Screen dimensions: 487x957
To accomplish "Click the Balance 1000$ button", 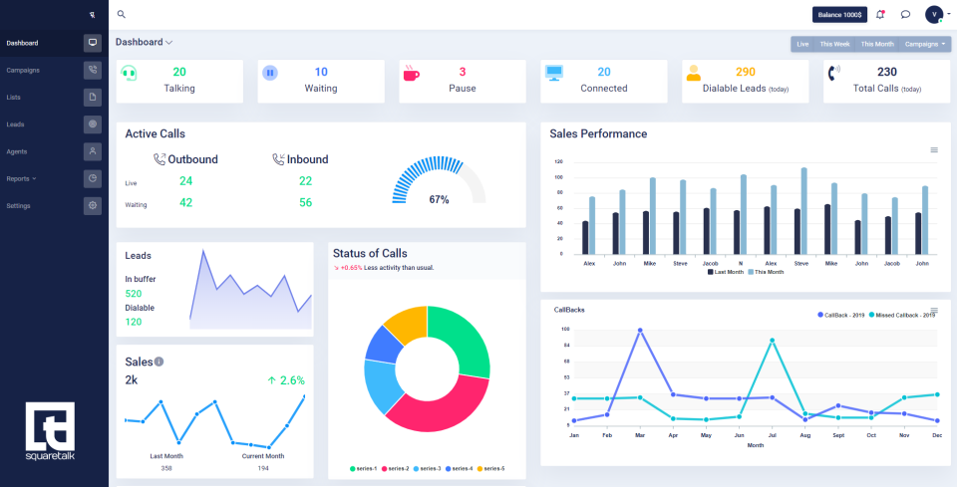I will pyautogui.click(x=838, y=14).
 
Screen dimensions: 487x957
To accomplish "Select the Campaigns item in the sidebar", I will pyautogui.click(x=23, y=70).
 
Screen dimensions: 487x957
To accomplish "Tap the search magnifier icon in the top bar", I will pyautogui.click(x=122, y=14).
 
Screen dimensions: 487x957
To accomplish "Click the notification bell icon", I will pyautogui.click(x=880, y=14).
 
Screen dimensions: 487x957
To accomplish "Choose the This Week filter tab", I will pyautogui.click(x=834, y=44).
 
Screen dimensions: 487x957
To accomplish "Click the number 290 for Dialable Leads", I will pyautogui.click(x=746, y=72).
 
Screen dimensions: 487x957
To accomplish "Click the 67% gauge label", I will pyautogui.click(x=439, y=199).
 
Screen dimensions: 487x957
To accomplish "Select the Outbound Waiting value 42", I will pyautogui.click(x=185, y=202).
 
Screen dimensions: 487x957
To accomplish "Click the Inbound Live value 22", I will pyautogui.click(x=305, y=180).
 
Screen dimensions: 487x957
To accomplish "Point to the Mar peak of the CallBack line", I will pyautogui.click(x=639, y=330).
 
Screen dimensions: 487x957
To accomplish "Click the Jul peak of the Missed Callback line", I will pyautogui.click(x=772, y=341).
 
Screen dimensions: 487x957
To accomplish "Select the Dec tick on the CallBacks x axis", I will pyautogui.click(x=936, y=435).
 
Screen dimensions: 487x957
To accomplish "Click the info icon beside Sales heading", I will pyautogui.click(x=159, y=362).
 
